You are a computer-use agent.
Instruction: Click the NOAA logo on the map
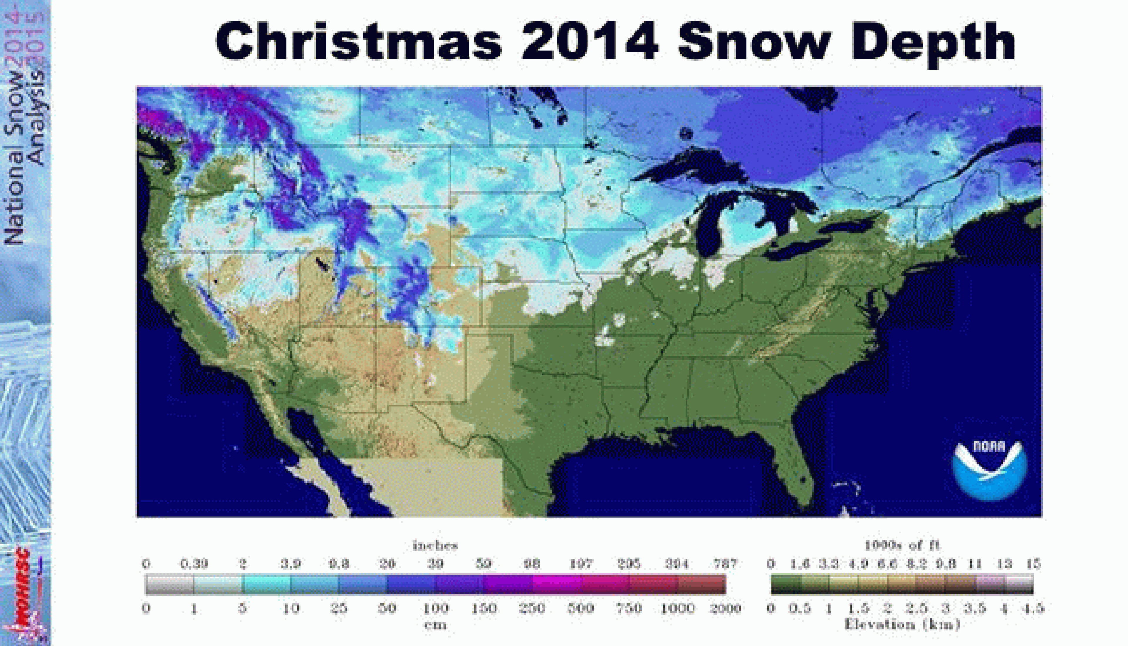pos(989,470)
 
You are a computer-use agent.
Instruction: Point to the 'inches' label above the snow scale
pos(435,545)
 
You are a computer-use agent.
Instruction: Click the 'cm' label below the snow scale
pos(435,625)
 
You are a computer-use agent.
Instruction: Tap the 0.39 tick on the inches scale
pos(194,564)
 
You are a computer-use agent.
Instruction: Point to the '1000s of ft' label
pos(902,545)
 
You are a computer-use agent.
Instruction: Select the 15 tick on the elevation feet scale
pos(1033,564)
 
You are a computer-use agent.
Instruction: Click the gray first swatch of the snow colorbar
pos(169,584)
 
